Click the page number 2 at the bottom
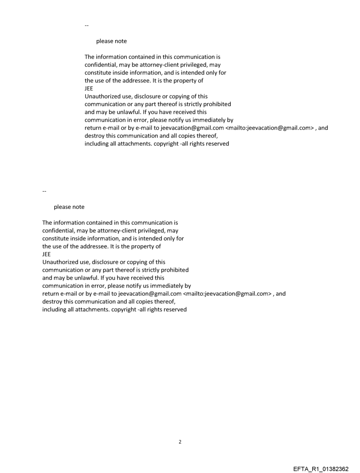180,442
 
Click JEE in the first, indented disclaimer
89,88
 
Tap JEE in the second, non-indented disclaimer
46,254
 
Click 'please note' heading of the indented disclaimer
111,41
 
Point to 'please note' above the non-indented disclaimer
69,207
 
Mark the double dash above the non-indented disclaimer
44,190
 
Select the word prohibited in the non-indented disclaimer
173,270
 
